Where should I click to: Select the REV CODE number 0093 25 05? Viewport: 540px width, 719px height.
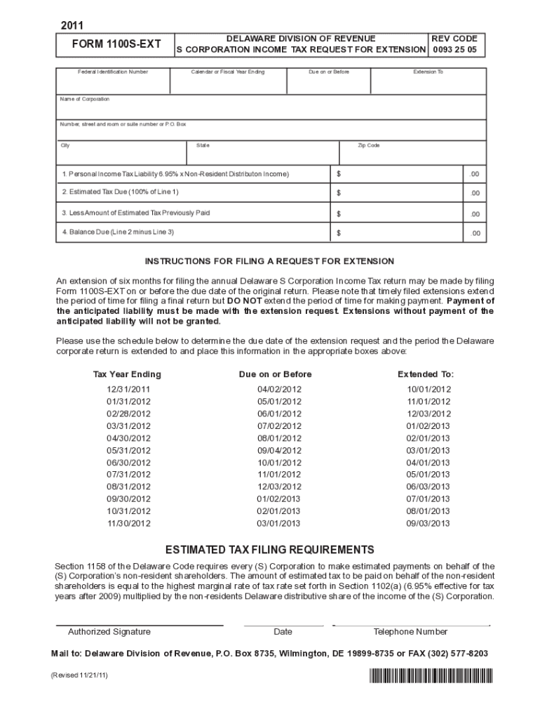pyautogui.click(x=454, y=50)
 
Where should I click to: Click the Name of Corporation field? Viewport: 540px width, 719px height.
pyautogui.click(x=271, y=108)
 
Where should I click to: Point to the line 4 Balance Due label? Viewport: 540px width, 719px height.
pyautogui.click(x=118, y=232)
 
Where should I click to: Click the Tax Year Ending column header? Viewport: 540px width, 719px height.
pyautogui.click(x=127, y=374)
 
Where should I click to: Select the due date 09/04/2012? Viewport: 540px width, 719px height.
pyautogui.click(x=279, y=451)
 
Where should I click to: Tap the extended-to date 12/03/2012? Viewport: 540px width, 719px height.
pyautogui.click(x=428, y=414)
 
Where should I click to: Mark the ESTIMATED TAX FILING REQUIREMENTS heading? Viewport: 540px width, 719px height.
pyautogui.click(x=269, y=549)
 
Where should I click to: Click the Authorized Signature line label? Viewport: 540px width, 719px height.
pyautogui.click(x=109, y=632)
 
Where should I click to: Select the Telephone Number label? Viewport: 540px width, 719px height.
pyautogui.click(x=410, y=632)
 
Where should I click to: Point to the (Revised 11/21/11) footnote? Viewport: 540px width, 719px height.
pyautogui.click(x=79, y=675)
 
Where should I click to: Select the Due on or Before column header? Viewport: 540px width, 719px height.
pyautogui.click(x=275, y=374)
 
